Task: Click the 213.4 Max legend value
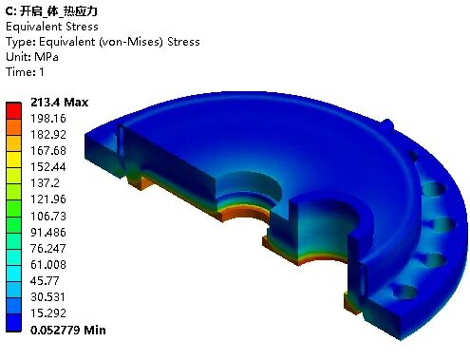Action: click(59, 103)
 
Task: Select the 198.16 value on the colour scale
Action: click(48, 119)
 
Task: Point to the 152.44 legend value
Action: click(48, 167)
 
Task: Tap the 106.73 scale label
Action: click(48, 216)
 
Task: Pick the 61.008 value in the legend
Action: click(48, 264)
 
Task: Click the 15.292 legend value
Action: click(48, 313)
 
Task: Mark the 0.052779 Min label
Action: click(68, 330)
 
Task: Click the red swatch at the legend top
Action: click(13, 110)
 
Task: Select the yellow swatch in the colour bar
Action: click(13, 160)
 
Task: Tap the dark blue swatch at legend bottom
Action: click(13, 323)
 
